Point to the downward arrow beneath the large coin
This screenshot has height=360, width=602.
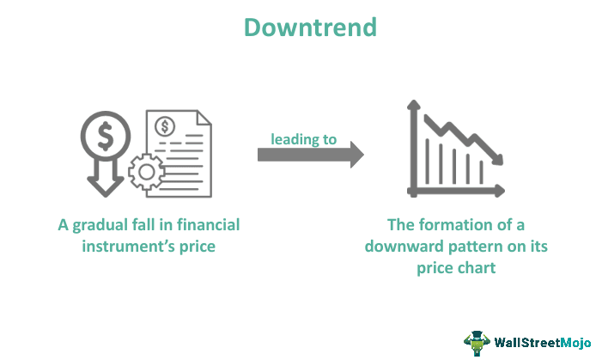(x=104, y=180)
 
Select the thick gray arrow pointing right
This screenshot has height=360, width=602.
(x=310, y=155)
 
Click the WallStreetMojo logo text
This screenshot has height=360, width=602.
(x=542, y=343)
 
